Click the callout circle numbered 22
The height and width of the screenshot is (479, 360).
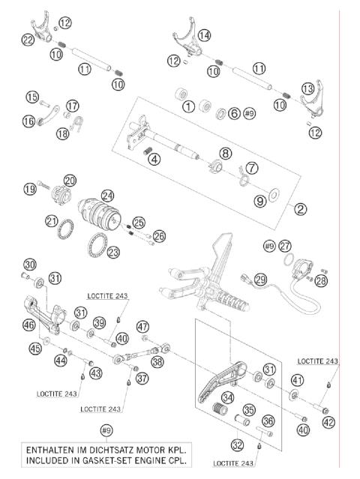tap(28, 40)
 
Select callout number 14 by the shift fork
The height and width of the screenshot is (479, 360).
tap(204, 34)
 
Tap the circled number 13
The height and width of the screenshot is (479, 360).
tap(308, 88)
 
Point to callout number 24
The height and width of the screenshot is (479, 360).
tap(107, 194)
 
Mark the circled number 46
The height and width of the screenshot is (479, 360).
tap(28, 325)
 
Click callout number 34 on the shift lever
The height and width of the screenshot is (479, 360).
tap(227, 397)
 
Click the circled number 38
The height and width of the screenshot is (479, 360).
tap(157, 361)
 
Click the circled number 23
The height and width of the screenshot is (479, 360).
tap(113, 252)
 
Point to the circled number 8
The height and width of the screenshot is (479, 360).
tap(225, 154)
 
